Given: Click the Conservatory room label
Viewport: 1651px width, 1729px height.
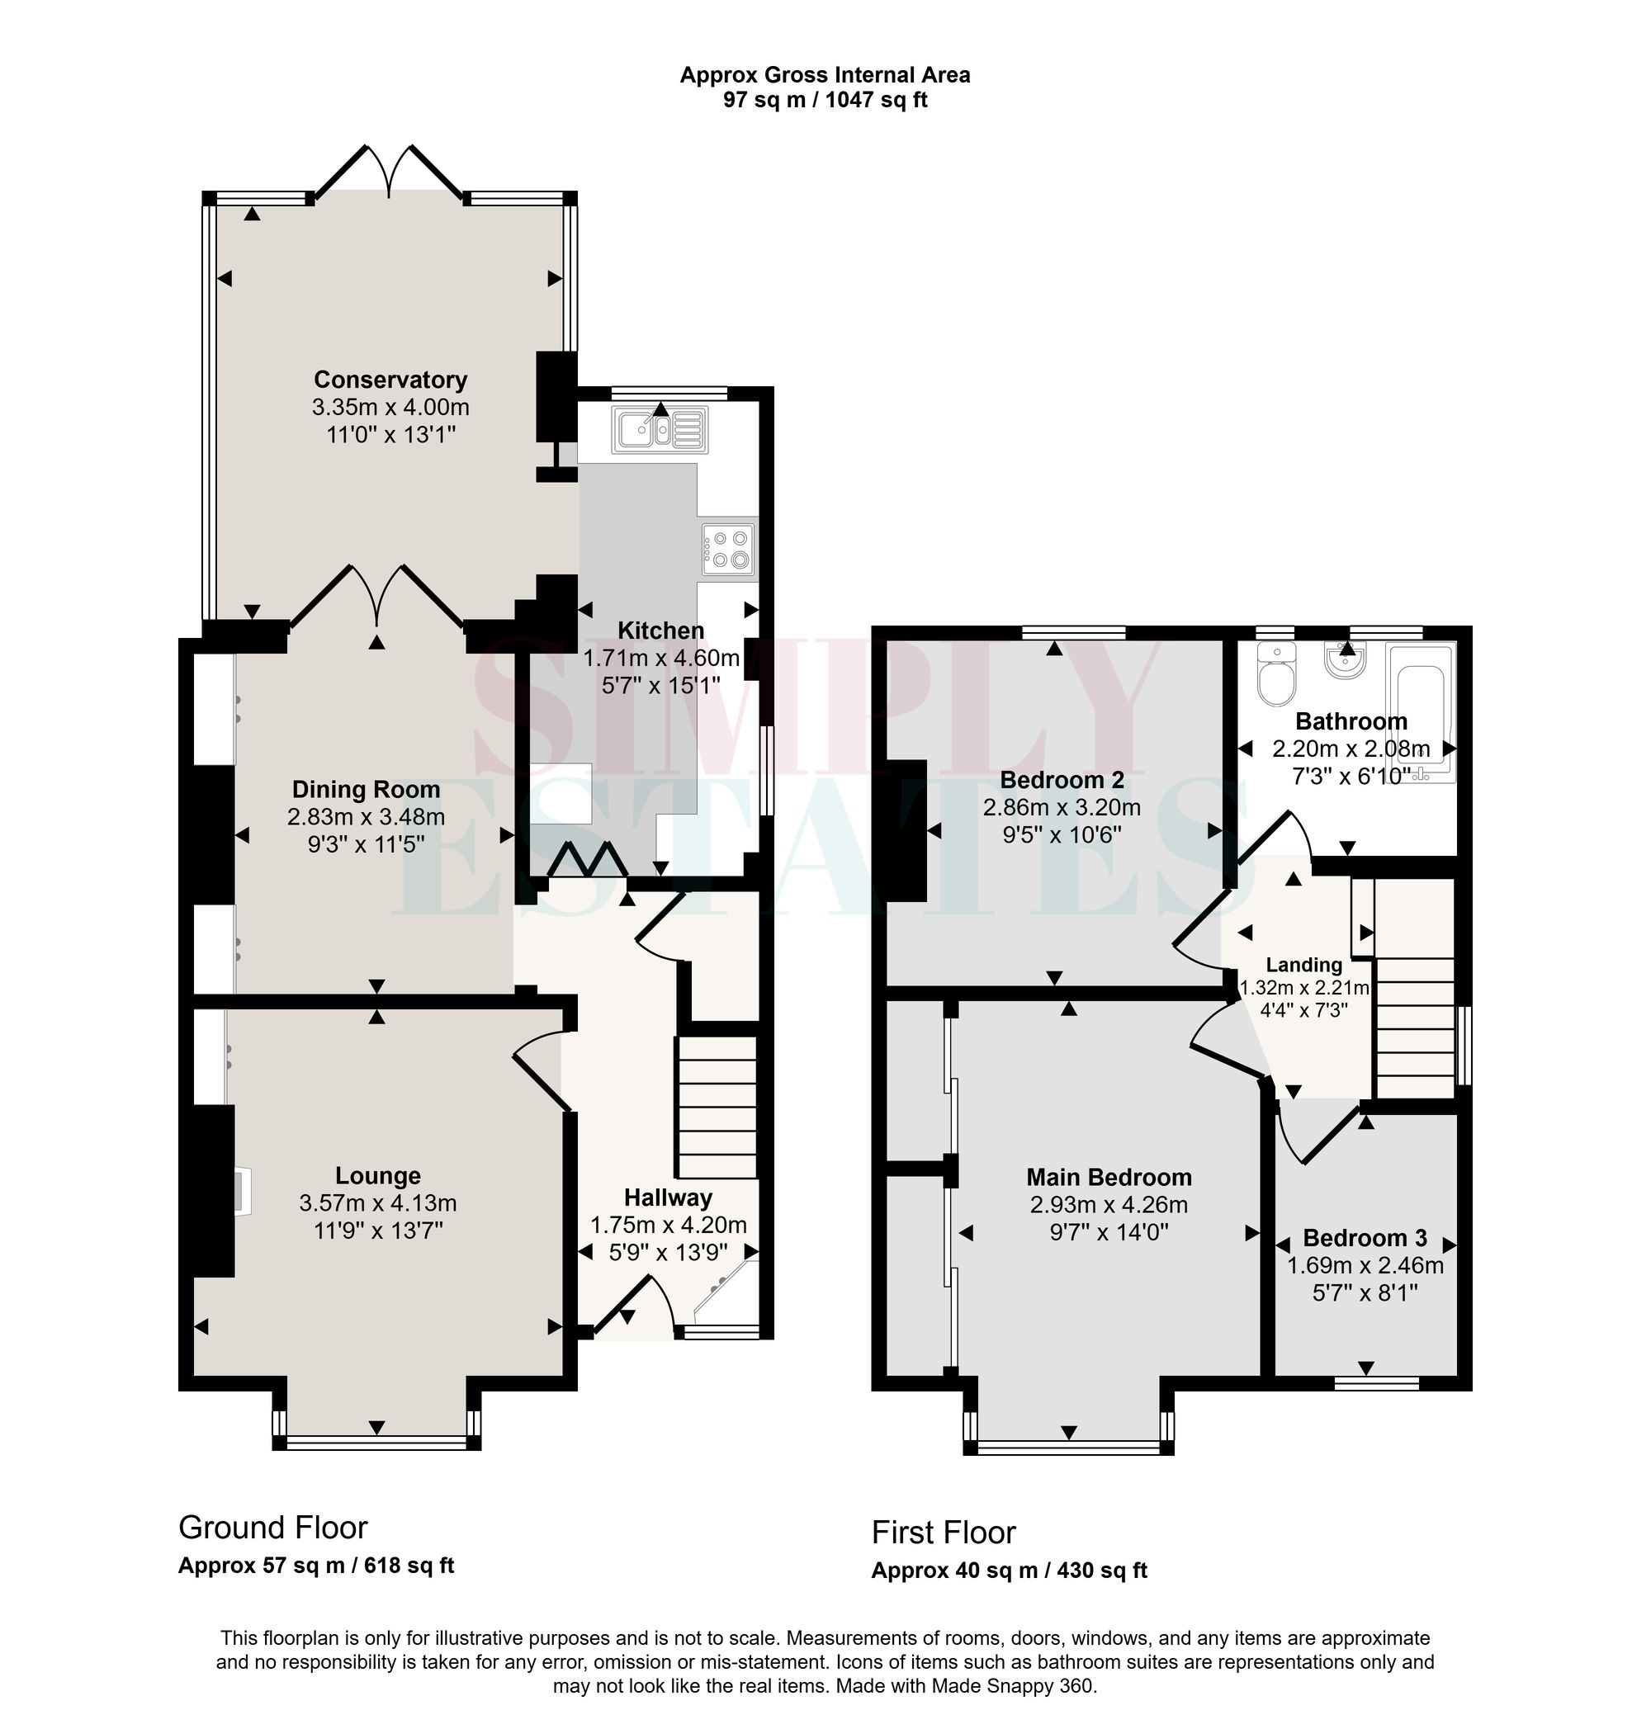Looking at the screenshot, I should coord(390,380).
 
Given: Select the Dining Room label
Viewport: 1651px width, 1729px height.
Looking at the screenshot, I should coord(366,789).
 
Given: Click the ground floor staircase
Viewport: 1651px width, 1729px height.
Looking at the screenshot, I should coord(716,1107).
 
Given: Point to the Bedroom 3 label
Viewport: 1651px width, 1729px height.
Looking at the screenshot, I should coord(1365,1238).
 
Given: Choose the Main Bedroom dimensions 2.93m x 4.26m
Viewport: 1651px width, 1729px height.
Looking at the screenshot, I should coord(1109,1205).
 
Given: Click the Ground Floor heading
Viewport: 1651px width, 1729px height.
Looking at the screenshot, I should coord(272,1528).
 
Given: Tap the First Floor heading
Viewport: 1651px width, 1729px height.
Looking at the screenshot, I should coord(944,1533).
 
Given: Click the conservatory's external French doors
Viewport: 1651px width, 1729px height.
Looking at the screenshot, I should coord(389,169).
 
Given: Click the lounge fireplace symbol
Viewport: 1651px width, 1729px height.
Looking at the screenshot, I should coord(241,1193).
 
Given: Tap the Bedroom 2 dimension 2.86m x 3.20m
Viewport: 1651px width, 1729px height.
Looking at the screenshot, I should coord(1062,807).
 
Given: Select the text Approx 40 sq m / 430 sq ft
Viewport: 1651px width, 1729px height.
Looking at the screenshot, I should coord(1009,1571).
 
